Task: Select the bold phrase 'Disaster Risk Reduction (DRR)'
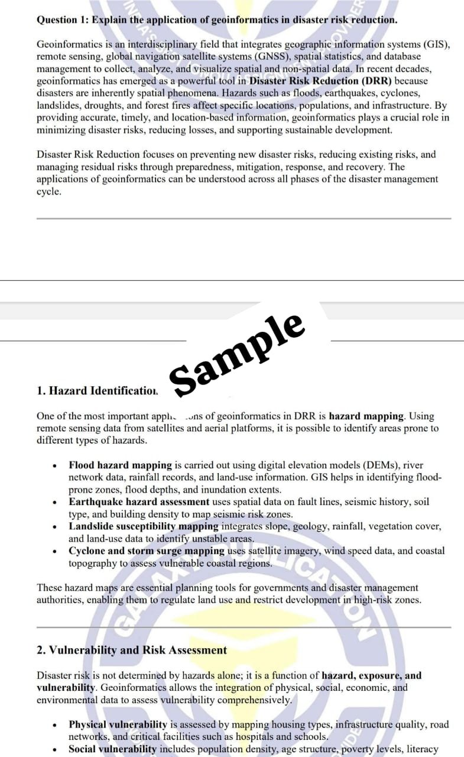(320, 80)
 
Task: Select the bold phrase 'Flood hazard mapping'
(120, 465)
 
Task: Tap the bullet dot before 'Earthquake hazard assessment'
(54, 502)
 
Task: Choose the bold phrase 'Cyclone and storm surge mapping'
(147, 551)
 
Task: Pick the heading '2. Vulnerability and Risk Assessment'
(131, 650)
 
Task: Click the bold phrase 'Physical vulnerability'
(118, 724)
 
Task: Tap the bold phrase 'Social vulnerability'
(112, 749)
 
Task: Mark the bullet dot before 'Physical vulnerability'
(54, 725)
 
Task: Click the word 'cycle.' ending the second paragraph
(49, 192)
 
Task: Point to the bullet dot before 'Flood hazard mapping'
(54, 466)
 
